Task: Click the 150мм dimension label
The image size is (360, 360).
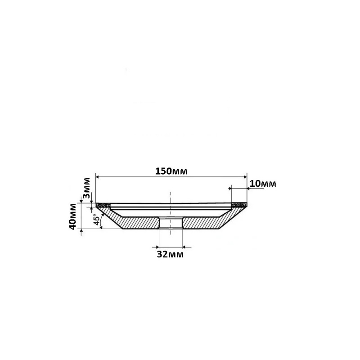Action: tap(171, 171)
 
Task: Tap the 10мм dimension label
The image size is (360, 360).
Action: tap(263, 184)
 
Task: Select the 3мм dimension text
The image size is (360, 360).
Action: tap(86, 188)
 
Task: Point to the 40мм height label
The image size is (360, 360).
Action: tap(72, 217)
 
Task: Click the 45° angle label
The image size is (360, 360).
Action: tap(97, 220)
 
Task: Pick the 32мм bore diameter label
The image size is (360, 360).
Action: tap(170, 254)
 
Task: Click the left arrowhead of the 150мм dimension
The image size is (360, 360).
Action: tap(97, 177)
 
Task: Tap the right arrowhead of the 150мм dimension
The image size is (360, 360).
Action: tap(245, 177)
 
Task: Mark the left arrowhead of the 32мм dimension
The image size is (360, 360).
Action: tap(157, 247)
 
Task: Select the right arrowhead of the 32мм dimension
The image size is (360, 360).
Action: tap(184, 247)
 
